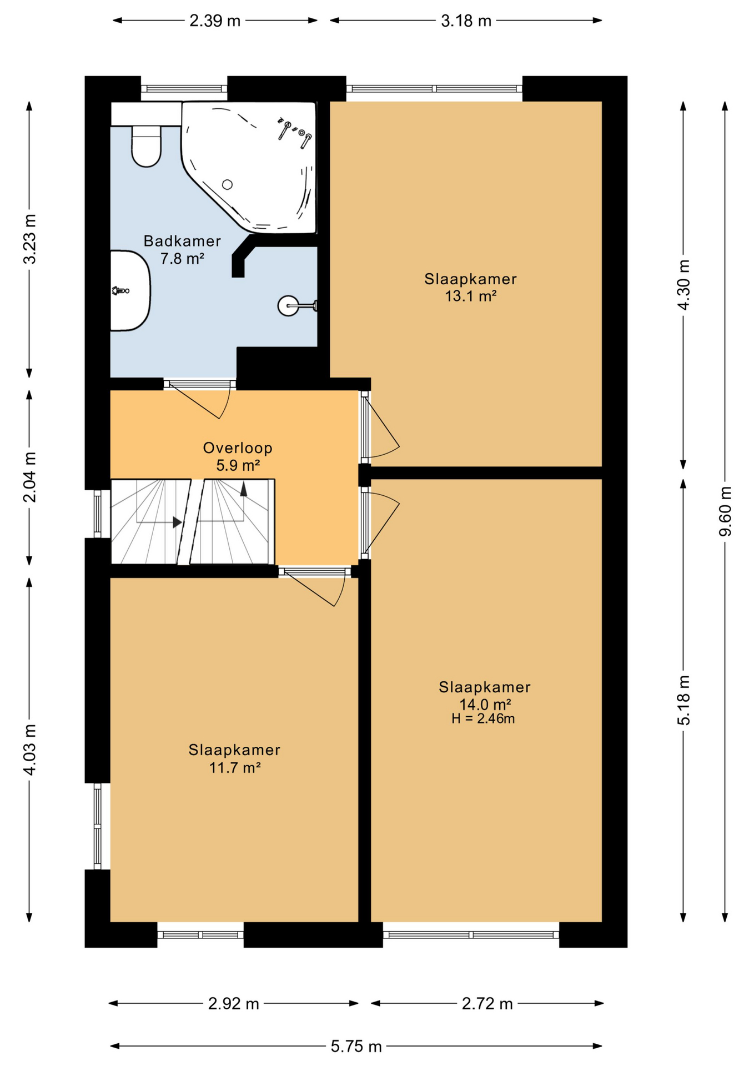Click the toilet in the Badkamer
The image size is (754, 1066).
pyautogui.click(x=146, y=146)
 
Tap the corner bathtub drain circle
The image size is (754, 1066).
pyautogui.click(x=227, y=185)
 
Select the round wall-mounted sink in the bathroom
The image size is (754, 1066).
pyautogui.click(x=289, y=305)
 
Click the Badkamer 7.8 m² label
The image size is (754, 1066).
pyautogui.click(x=182, y=249)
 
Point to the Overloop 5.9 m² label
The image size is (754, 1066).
pyautogui.click(x=238, y=456)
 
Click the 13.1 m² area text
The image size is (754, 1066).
pyautogui.click(x=470, y=296)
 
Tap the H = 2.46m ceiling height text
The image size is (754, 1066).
pyautogui.click(x=483, y=719)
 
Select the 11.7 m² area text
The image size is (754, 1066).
pyautogui.click(x=235, y=768)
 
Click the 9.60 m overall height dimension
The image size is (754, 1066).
pyautogui.click(x=725, y=511)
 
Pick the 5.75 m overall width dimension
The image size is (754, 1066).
pyautogui.click(x=356, y=1047)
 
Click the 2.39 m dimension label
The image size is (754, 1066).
pyautogui.click(x=215, y=21)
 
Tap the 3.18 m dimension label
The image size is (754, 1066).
pyautogui.click(x=466, y=21)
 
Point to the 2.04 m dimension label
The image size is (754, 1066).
pyautogui.click(x=29, y=477)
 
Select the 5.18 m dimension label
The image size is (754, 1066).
pyautogui.click(x=683, y=700)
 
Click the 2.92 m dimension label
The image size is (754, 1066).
pyautogui.click(x=233, y=1004)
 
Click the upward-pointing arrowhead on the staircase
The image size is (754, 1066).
pyautogui.click(x=243, y=489)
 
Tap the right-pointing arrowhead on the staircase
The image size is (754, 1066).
pyautogui.click(x=177, y=522)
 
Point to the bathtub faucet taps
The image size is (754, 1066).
pyautogui.click(x=295, y=132)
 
